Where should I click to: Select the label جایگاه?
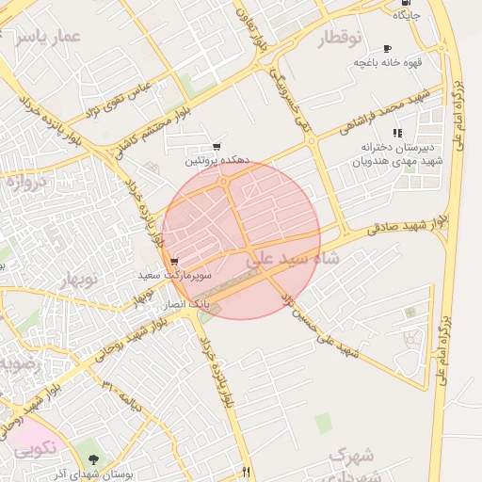click(x=404, y=16)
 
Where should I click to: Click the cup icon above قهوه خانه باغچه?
click(x=387, y=49)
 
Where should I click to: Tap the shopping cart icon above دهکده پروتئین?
click(x=217, y=147)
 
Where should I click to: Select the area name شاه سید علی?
click(x=282, y=257)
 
